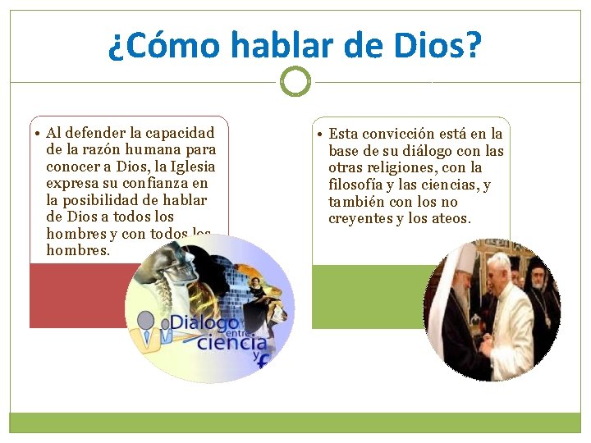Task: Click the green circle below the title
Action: (x=295, y=82)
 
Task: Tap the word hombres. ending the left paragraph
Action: (x=78, y=251)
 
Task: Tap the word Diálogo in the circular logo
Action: (x=205, y=322)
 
